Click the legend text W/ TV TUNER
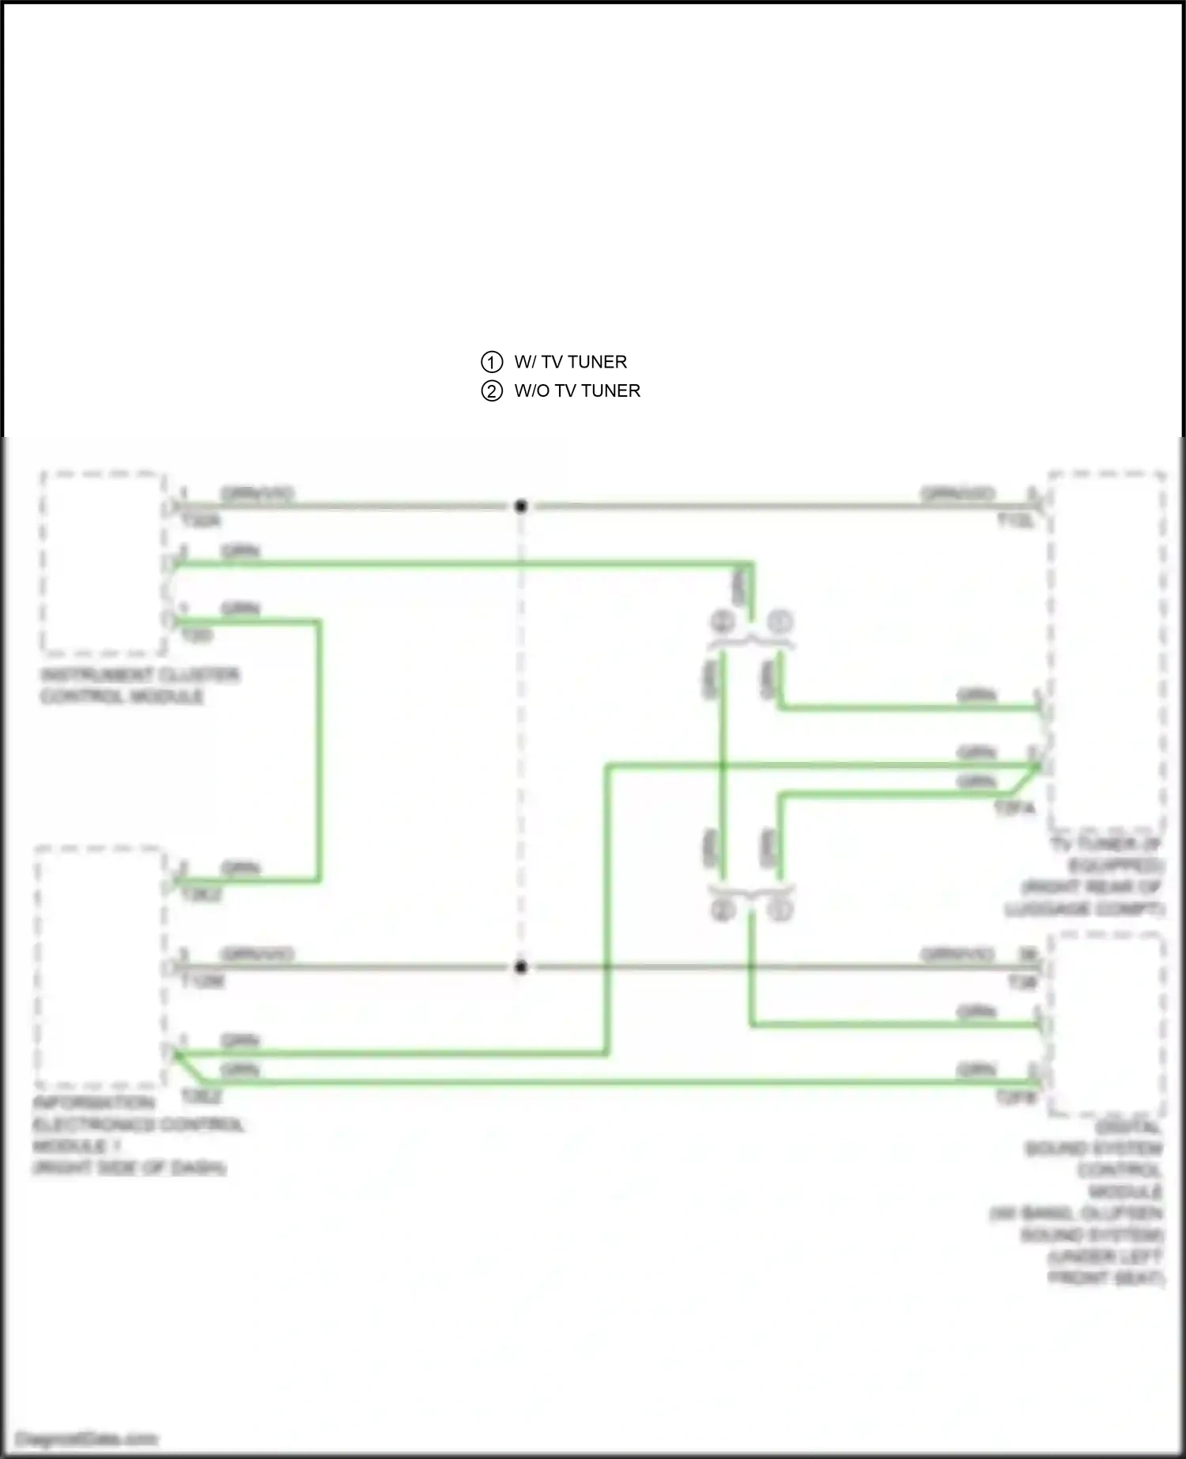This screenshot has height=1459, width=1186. pyautogui.click(x=570, y=362)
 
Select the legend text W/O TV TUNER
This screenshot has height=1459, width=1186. pyautogui.click(x=577, y=390)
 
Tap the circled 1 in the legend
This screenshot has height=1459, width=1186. pyautogui.click(x=492, y=362)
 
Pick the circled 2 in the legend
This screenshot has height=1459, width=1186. pyautogui.click(x=492, y=391)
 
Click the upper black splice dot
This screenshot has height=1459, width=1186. pyautogui.click(x=520, y=506)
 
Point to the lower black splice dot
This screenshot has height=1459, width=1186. pyautogui.click(x=520, y=967)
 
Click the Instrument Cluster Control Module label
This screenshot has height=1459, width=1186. pyautogui.click(x=139, y=686)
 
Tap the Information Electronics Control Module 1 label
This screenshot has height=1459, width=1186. pyautogui.click(x=139, y=1135)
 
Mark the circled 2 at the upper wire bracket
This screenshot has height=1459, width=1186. pyautogui.click(x=723, y=622)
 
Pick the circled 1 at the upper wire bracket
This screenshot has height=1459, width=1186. pyautogui.click(x=780, y=622)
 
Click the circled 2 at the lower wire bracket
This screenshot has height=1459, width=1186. pyautogui.click(x=723, y=910)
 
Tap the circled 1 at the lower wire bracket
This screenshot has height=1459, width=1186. pyautogui.click(x=780, y=910)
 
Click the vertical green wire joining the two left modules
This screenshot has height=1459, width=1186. pyautogui.click(x=319, y=751)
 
